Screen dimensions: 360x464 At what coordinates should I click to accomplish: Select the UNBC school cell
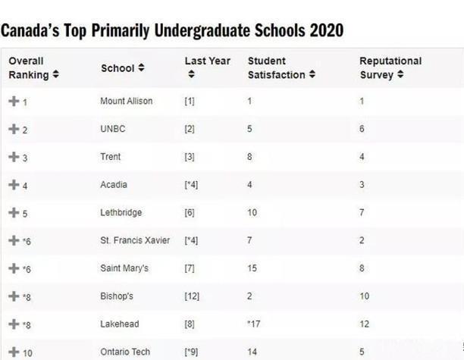click(112, 129)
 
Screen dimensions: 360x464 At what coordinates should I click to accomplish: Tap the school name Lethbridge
click(121, 213)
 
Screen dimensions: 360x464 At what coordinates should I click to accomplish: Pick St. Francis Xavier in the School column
click(135, 240)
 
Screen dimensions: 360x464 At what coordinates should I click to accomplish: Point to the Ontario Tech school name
click(124, 352)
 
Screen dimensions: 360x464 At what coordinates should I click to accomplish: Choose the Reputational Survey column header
click(390, 67)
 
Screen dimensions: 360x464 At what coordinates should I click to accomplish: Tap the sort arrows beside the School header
click(141, 68)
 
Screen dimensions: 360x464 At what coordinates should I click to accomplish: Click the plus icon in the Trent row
click(13, 157)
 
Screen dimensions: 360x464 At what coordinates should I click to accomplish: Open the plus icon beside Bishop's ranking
click(13, 296)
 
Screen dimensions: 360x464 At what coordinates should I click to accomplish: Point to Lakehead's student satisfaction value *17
click(254, 324)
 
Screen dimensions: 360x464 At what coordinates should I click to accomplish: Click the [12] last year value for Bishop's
click(192, 296)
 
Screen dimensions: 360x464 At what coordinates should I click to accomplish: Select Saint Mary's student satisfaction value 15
click(252, 268)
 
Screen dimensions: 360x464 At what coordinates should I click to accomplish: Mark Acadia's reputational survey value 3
click(362, 185)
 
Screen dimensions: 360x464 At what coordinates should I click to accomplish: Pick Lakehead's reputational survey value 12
click(364, 324)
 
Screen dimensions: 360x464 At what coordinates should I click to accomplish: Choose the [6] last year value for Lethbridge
click(190, 213)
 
